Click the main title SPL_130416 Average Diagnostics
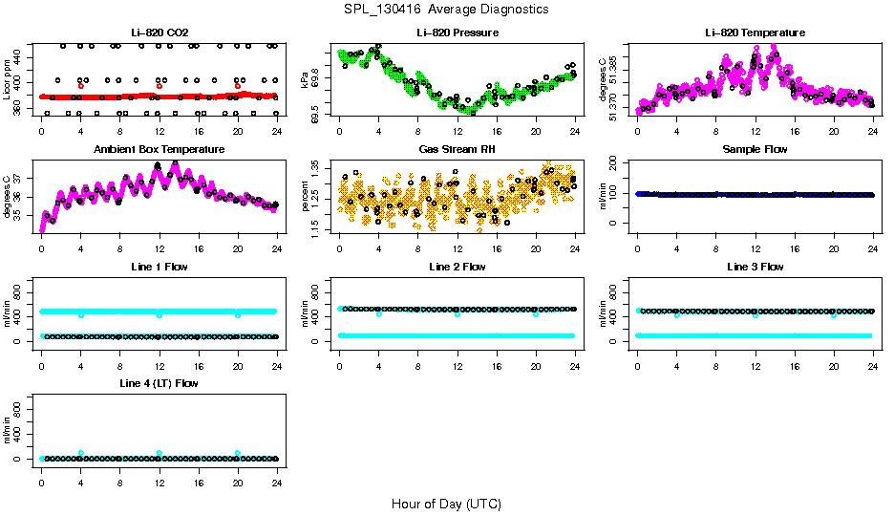(447, 9)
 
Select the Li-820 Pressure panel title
(458, 33)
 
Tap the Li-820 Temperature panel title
(755, 33)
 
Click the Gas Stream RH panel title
(458, 150)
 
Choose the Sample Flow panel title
(755, 150)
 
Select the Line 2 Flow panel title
(458, 267)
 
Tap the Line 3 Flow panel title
(755, 267)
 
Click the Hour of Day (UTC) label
(446, 504)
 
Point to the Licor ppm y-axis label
(8, 79)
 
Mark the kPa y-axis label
(306, 79)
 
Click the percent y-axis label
(306, 196)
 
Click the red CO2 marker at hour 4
(81, 86)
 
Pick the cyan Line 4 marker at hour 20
(238, 453)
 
